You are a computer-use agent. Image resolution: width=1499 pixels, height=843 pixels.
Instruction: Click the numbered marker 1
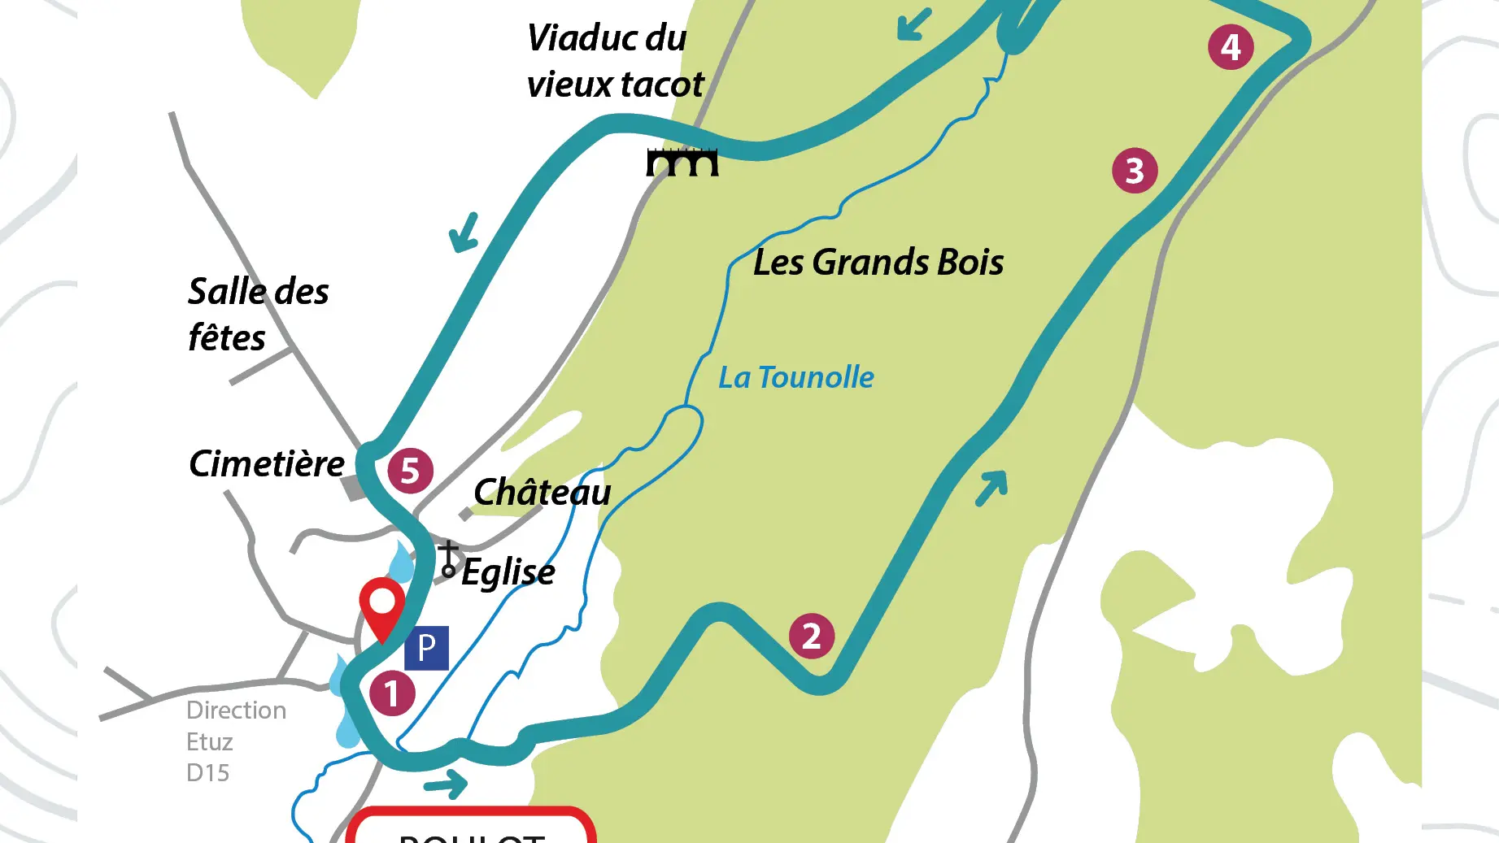(392, 693)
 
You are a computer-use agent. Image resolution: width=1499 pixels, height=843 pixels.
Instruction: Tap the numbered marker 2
(811, 636)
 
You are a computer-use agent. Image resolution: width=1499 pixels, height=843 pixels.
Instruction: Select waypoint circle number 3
(1135, 171)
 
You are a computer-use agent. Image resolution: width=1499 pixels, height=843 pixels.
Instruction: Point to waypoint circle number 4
(1231, 47)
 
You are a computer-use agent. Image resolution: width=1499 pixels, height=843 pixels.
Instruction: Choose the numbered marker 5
(410, 471)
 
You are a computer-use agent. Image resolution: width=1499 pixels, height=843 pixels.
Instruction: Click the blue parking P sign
(426, 648)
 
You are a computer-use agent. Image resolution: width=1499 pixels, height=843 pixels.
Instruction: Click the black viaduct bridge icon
(682, 162)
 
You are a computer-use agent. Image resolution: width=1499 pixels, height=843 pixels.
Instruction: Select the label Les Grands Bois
(878, 263)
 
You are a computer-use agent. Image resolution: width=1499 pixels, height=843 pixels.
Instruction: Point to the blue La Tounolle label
(795, 377)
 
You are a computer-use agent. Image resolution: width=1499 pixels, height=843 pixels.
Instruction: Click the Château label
(542, 492)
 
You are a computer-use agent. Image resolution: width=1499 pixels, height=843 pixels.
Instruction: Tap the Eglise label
(508, 571)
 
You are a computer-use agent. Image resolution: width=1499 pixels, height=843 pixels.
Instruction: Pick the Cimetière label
(267, 464)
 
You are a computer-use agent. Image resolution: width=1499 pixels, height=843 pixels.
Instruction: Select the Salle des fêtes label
(258, 314)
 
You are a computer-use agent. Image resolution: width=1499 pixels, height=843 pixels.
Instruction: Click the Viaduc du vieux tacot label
(614, 61)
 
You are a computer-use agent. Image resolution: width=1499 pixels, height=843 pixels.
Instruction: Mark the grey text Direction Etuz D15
(236, 741)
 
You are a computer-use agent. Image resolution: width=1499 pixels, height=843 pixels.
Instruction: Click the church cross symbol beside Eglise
(448, 560)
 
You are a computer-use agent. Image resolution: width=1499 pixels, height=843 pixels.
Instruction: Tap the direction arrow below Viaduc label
(464, 232)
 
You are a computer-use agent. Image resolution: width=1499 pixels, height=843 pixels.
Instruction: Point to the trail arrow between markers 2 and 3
(991, 488)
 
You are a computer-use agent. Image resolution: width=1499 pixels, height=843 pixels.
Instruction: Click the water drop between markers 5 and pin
(402, 563)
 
